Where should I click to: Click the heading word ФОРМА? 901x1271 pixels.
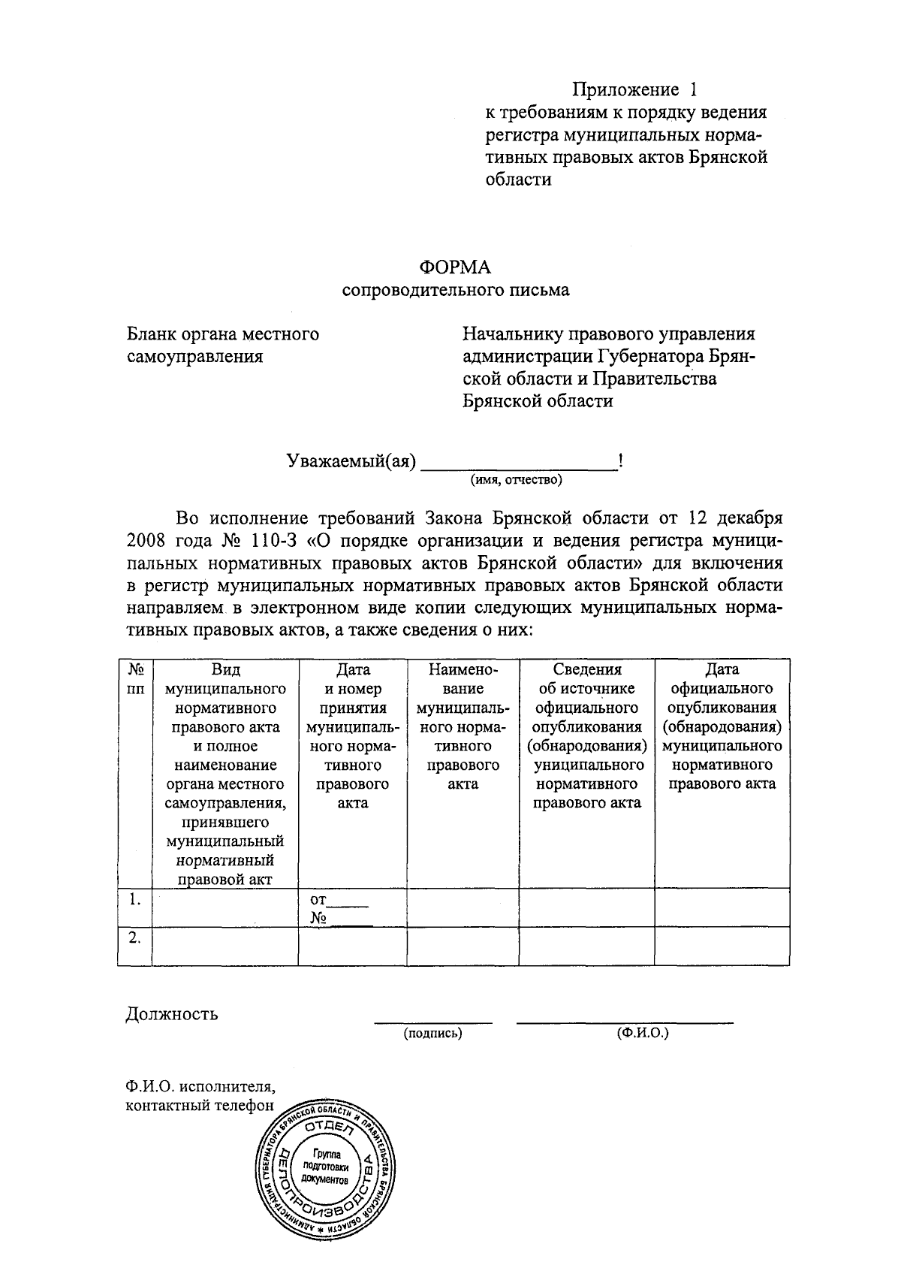tap(454, 267)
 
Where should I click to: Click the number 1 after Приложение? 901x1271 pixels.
tap(693, 90)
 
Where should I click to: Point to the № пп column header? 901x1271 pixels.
tap(135, 678)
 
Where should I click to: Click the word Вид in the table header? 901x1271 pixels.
tap(225, 669)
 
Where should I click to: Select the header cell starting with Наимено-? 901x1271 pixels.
tap(463, 726)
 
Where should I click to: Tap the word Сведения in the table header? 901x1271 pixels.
tap(586, 669)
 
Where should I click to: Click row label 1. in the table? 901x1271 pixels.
tap(134, 899)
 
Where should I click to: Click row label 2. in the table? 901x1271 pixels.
tap(134, 937)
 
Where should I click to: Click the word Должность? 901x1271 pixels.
tap(172, 1014)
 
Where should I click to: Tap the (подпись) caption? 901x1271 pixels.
tap(432, 1034)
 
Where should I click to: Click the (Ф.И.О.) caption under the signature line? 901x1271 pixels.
tap(643, 1034)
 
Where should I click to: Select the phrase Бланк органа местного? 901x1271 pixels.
tap(223, 334)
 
